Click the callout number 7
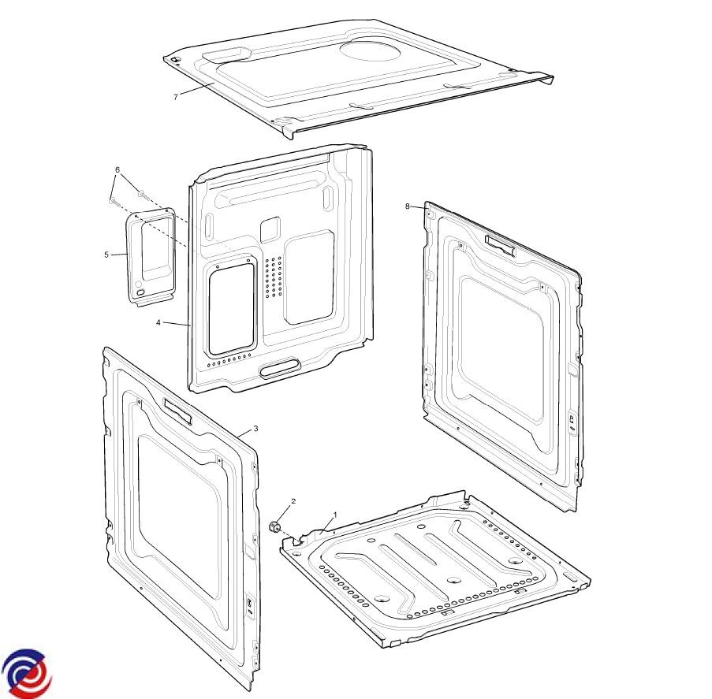(x=176, y=97)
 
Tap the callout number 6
(x=117, y=169)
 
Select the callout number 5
(x=106, y=255)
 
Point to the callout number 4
(x=158, y=323)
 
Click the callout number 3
(x=255, y=429)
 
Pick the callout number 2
(x=293, y=501)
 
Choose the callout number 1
(x=336, y=515)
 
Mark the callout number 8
(x=408, y=206)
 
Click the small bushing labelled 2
(x=274, y=527)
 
